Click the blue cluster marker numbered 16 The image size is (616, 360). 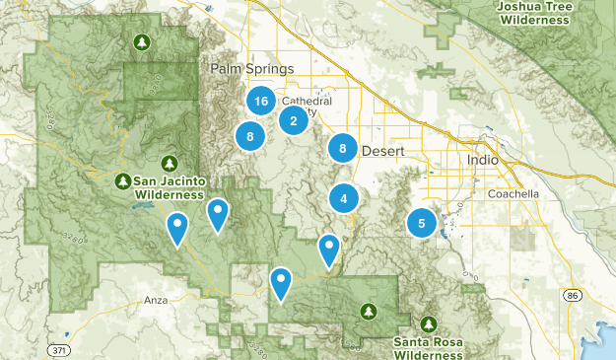(260, 102)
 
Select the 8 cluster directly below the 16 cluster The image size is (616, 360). (250, 137)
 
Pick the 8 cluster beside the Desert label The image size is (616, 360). (342, 148)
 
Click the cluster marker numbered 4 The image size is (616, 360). (343, 198)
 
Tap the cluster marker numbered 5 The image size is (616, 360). (422, 223)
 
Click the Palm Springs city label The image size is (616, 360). (252, 69)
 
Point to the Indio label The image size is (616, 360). (482, 159)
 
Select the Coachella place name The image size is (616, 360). (513, 194)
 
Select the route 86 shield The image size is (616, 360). (573, 295)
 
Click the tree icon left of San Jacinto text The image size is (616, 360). (122, 180)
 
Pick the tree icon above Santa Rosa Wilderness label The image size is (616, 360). (429, 324)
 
